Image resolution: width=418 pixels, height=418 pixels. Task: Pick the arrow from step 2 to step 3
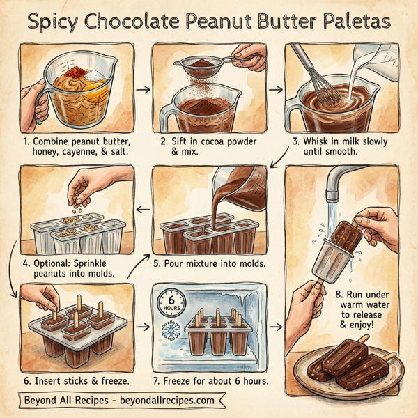(275, 89)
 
